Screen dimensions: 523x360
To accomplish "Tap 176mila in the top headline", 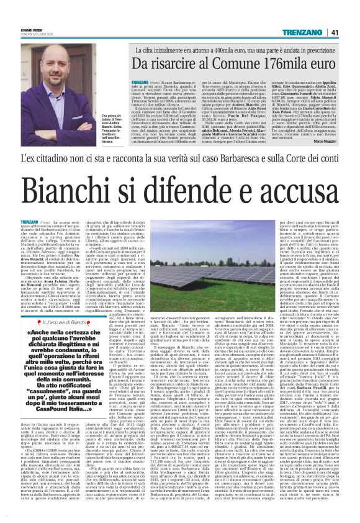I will click(x=265, y=63).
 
